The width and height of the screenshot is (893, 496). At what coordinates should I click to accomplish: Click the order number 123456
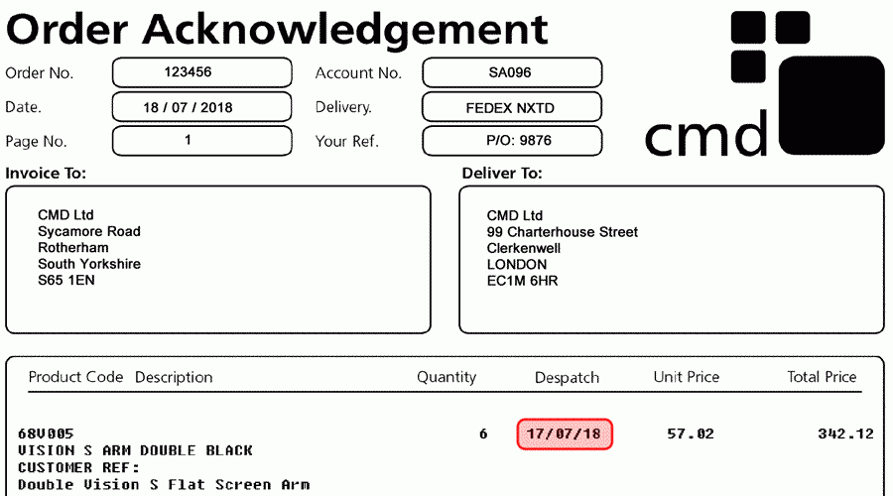188,72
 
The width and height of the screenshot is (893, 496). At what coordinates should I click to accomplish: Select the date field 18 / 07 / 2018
188,107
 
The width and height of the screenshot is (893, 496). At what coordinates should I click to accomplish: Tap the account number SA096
510,72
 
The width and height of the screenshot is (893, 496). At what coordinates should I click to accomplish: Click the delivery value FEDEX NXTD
510,108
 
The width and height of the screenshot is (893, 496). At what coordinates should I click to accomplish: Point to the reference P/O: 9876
519,140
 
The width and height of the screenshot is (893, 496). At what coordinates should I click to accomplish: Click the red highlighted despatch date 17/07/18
565,434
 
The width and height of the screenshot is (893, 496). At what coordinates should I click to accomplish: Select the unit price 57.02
691,434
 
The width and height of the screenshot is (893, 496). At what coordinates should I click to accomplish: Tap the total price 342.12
845,434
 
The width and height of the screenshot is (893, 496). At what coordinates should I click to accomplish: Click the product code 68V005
46,434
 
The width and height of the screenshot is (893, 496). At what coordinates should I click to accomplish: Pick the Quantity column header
446,377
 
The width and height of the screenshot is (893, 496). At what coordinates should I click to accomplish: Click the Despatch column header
567,378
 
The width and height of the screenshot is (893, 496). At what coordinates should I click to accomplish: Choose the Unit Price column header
687,377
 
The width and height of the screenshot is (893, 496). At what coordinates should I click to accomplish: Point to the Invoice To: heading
46,174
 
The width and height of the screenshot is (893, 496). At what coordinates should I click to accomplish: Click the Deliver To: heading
502,174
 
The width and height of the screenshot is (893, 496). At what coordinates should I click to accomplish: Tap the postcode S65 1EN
66,280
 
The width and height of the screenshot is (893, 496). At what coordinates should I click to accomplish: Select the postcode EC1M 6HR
522,281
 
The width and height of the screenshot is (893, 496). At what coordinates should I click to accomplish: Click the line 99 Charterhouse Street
563,232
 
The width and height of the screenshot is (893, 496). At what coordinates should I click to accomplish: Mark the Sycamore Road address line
89,231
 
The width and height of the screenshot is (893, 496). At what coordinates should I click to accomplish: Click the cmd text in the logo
706,134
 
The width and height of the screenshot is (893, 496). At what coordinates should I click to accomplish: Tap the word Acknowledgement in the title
345,29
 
